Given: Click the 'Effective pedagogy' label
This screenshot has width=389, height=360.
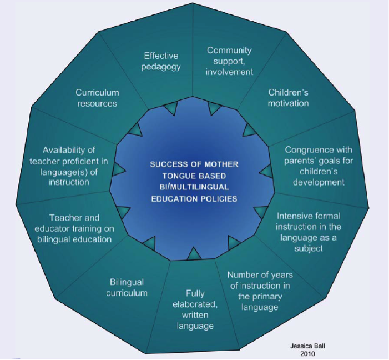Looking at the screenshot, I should [161, 61].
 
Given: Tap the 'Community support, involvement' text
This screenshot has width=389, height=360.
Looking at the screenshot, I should [230, 61].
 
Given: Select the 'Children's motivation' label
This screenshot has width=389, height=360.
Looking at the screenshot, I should [289, 98].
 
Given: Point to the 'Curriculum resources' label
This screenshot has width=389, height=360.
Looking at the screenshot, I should [98, 98].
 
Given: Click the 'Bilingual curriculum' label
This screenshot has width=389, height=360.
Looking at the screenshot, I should [127, 288].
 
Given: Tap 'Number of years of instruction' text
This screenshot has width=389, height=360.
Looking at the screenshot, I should [260, 291].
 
